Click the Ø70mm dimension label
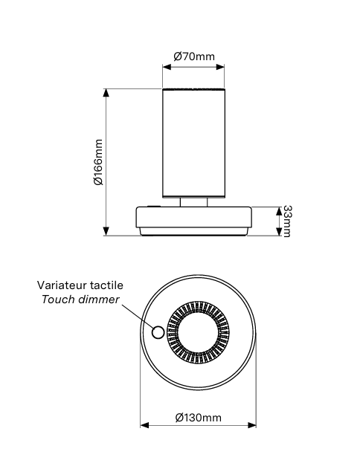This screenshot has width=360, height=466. (194, 56)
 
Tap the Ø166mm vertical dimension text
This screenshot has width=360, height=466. (98, 162)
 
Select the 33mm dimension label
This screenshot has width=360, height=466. (286, 221)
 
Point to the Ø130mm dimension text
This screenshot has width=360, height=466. (198, 418)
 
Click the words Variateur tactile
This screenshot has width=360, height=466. (80, 285)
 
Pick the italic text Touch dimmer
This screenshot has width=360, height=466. (80, 300)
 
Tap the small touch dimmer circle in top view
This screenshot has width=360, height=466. (158, 332)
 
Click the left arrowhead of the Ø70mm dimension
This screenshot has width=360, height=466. (167, 67)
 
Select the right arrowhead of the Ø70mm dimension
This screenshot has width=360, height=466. (220, 67)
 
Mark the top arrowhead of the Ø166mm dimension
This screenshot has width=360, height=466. (106, 93)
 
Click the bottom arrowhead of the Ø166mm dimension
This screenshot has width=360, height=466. (106, 231)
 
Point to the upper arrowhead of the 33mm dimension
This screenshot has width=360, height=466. (279, 211)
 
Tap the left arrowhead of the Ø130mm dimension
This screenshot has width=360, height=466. (144, 425)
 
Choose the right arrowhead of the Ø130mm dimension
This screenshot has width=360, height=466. (252, 425)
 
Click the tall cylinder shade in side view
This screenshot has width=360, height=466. (193, 143)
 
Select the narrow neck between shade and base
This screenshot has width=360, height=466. (193, 202)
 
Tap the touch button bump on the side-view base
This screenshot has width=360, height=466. (154, 206)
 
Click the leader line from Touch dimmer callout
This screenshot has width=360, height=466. (138, 316)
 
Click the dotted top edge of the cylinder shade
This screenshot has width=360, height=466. (193, 89)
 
